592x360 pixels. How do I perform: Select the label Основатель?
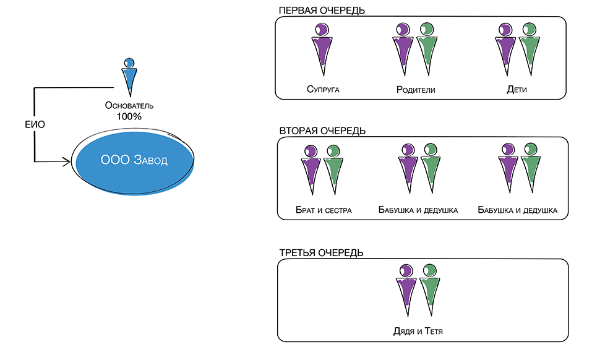[x=129, y=105]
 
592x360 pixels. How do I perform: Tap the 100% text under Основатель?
[x=129, y=116]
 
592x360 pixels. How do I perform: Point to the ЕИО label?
[x=35, y=124]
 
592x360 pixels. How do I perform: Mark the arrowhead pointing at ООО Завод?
[x=66, y=162]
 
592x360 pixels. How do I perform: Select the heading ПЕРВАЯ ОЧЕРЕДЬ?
[x=322, y=11]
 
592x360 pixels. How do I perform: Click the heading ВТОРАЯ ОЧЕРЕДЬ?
[x=322, y=131]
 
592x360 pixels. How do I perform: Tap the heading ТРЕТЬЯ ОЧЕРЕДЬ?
[x=321, y=252]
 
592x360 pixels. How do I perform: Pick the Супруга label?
[x=323, y=90]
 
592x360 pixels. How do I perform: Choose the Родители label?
[x=416, y=90]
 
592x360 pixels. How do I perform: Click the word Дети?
[x=517, y=90]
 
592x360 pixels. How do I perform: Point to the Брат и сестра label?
[x=324, y=210]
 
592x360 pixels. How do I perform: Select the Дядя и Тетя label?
[x=418, y=332]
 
